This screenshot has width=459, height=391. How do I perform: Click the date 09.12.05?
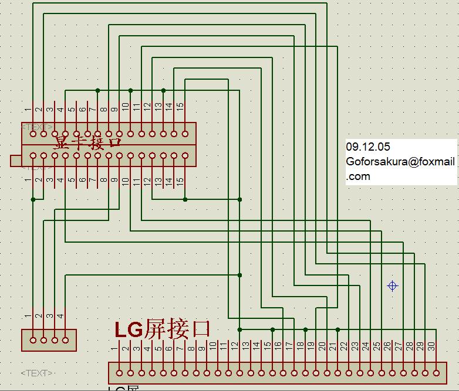coord(368,147)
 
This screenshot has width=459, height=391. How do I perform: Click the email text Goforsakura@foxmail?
coord(400,162)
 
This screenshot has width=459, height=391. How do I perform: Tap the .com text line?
coord(358,176)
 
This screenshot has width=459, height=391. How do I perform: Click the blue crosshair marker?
coord(393,286)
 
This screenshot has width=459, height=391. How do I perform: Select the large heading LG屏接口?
coord(163,329)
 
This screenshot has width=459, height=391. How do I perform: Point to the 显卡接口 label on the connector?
coord(88,143)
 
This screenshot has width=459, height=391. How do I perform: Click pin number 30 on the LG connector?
coord(432,346)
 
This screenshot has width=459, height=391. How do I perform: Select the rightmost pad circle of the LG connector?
coord(436,372)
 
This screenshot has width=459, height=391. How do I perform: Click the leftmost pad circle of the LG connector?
coord(120,372)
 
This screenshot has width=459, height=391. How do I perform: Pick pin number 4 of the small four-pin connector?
coord(61,316)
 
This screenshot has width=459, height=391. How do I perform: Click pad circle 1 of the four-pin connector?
coord(33,339)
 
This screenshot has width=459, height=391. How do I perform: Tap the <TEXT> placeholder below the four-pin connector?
coord(36,373)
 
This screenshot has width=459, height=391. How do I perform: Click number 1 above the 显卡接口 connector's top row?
coord(28,110)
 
